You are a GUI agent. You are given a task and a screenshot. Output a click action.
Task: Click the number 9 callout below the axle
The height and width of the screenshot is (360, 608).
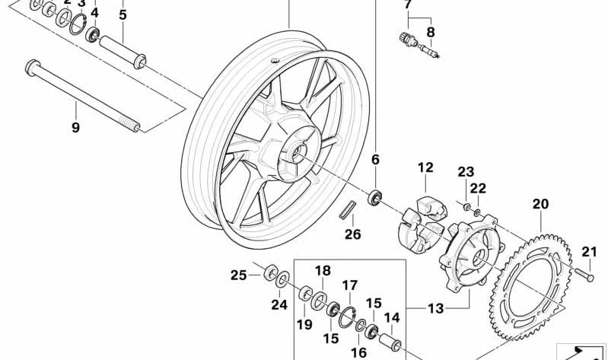(x=75, y=128)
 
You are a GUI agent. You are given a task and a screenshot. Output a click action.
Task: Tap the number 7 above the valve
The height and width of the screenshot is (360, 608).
(x=408, y=5)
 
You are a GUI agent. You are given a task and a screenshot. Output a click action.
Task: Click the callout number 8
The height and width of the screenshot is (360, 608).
(x=431, y=32)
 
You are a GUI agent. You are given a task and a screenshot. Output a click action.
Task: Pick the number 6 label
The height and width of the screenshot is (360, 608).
(x=375, y=160)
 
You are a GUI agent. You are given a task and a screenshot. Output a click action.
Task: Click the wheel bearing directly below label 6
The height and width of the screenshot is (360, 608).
(x=374, y=199)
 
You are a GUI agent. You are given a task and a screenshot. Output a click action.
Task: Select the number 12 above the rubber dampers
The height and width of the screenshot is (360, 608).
(x=425, y=167)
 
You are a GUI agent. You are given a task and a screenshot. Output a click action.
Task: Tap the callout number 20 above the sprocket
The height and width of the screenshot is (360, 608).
(x=540, y=204)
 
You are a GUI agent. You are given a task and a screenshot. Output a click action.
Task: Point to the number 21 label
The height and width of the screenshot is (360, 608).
(x=590, y=253)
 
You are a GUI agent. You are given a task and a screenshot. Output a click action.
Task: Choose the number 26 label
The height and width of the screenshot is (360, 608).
(x=352, y=234)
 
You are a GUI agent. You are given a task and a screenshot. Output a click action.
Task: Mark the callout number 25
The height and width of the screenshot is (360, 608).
(x=239, y=275)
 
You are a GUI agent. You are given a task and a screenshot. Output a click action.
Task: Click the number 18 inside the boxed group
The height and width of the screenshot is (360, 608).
(x=323, y=271)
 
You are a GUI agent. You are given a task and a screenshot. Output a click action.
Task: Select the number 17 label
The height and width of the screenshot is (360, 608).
(x=349, y=286)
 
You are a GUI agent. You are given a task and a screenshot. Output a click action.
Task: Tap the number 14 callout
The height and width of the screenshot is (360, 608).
(x=391, y=318)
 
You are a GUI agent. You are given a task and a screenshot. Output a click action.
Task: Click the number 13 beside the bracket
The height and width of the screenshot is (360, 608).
(x=435, y=308)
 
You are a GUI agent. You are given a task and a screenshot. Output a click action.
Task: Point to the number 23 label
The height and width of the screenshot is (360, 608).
(x=466, y=171)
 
